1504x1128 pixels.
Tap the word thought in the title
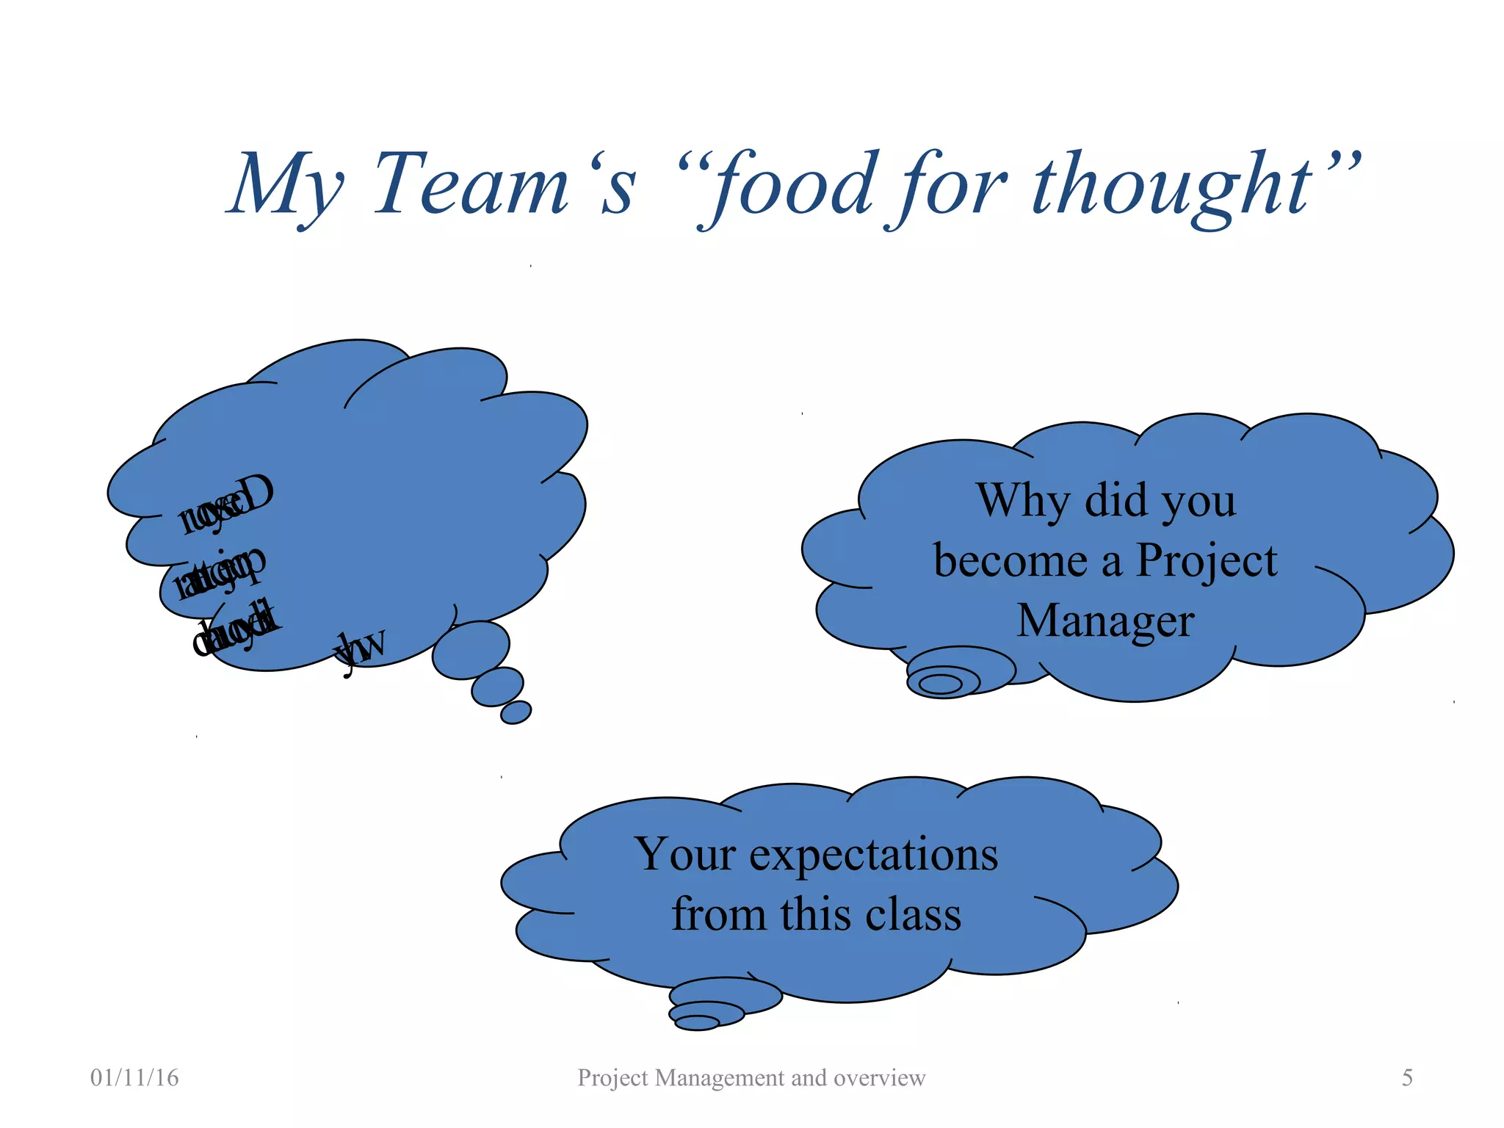point(1172,187)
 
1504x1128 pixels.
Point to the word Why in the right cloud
point(1023,502)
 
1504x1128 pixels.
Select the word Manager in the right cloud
point(1105,621)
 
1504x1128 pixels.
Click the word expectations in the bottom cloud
point(873,856)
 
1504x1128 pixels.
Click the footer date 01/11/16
point(134,1078)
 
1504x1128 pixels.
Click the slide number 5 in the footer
point(1407,1078)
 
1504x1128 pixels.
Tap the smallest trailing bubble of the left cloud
point(516,712)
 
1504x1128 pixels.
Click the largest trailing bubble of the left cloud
point(471,650)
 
